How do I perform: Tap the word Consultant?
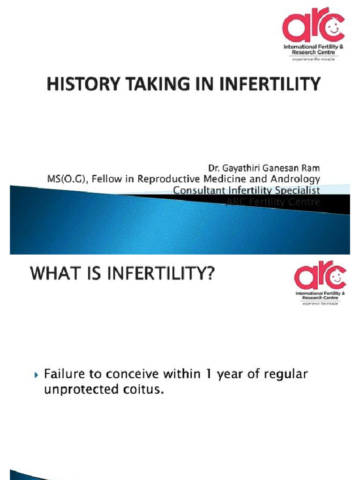[x=197, y=190]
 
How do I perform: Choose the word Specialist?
[x=300, y=190]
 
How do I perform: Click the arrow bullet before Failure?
[x=37, y=375]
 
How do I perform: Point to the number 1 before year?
[x=207, y=375]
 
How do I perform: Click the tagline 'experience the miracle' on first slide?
[x=314, y=60]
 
